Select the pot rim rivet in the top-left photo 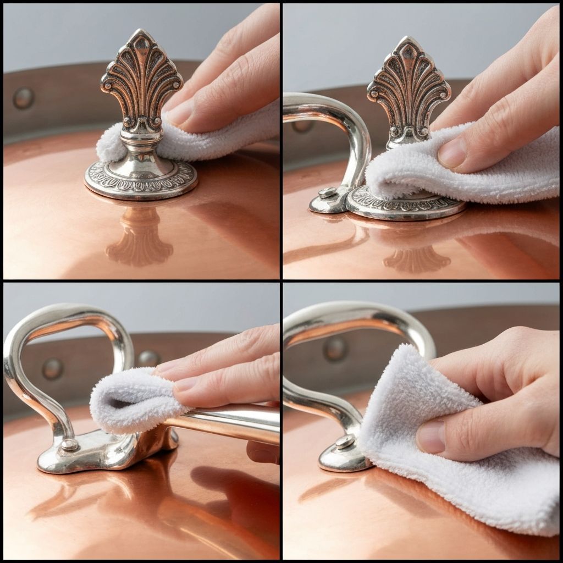point(24,98)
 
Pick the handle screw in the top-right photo point(327,192)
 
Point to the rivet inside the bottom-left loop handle point(53,368)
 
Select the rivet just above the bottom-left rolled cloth point(148,358)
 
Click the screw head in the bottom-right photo point(344,441)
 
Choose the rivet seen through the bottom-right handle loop point(335,347)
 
